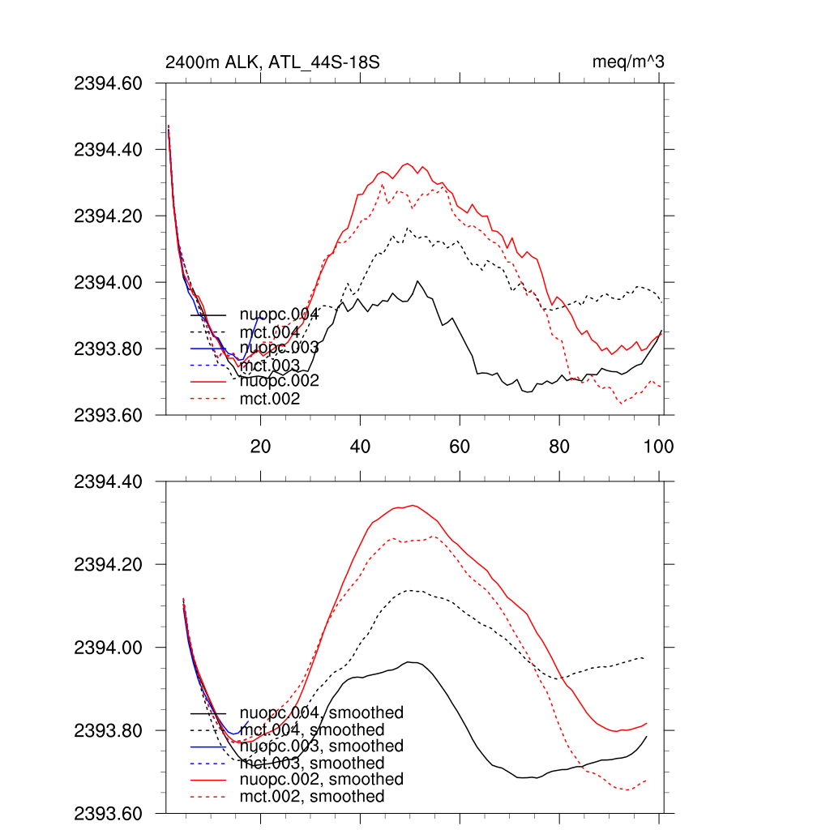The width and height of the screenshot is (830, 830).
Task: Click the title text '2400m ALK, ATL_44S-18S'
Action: [x=272, y=62]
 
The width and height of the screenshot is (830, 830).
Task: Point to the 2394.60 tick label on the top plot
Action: [x=108, y=83]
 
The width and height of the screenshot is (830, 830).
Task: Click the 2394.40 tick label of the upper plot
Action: [x=108, y=150]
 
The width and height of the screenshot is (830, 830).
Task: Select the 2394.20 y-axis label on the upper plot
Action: [x=108, y=216]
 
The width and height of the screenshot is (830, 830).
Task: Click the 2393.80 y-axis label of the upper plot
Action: [x=108, y=349]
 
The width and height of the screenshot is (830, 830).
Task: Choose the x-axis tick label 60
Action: [x=460, y=446]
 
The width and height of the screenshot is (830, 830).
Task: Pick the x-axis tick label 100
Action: [x=657, y=446]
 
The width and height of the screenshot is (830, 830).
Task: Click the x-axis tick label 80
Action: [x=559, y=446]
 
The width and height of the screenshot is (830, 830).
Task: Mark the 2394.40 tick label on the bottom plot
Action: [x=108, y=482]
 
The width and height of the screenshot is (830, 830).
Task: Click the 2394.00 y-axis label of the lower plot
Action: [x=108, y=648]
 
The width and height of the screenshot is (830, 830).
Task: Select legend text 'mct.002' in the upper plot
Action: [x=270, y=399]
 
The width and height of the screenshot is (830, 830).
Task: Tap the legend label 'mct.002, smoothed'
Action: [x=312, y=797]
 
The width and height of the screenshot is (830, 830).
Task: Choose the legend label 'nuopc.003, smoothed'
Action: [x=321, y=746]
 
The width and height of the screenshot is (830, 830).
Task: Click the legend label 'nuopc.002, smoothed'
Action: [x=321, y=779]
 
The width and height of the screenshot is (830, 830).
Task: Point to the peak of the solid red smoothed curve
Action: [x=413, y=505]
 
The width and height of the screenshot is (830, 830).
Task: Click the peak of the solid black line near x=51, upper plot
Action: [x=417, y=281]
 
